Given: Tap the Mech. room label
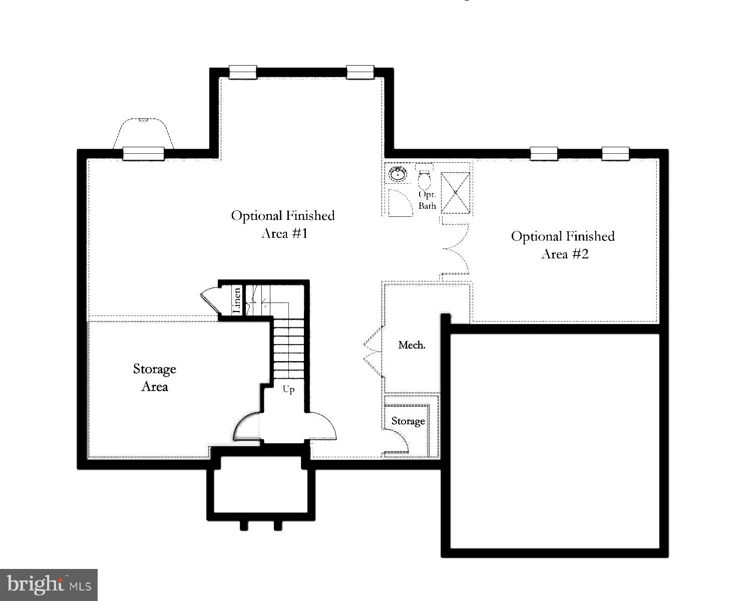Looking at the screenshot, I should [x=412, y=345].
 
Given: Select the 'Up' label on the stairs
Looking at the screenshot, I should [x=288, y=389].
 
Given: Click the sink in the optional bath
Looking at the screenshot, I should [x=398, y=174].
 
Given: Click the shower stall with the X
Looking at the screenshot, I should [x=455, y=192].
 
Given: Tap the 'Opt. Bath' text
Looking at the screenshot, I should [x=427, y=200].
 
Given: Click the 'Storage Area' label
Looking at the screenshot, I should [x=154, y=378].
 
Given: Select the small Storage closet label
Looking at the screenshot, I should [x=408, y=421].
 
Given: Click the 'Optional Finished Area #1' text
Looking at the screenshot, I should [x=283, y=224].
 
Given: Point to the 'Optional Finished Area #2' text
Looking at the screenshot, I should [x=563, y=245].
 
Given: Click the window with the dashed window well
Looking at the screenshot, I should [x=144, y=153].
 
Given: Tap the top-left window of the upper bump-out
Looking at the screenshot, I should [x=243, y=72].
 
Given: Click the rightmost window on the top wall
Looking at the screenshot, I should [x=615, y=153].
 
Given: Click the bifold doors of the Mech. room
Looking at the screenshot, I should [x=373, y=351].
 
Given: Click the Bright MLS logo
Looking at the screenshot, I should [x=49, y=584].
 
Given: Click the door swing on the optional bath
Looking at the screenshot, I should [x=399, y=203].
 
